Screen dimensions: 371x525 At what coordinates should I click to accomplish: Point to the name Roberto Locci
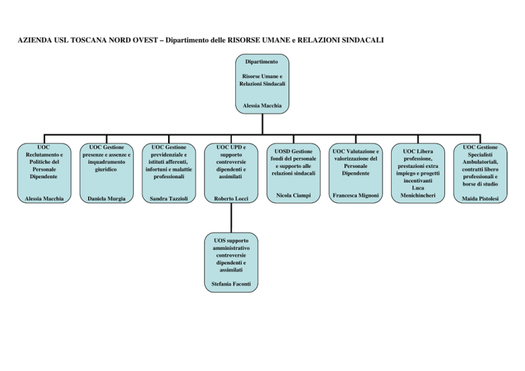click(231, 199)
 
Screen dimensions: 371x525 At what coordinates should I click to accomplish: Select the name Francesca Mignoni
click(355, 196)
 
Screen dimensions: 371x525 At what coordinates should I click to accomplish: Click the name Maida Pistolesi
click(480, 200)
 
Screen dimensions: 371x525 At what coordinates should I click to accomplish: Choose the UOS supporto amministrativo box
click(231, 256)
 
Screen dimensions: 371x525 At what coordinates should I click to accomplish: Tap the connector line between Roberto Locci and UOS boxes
click(231, 219)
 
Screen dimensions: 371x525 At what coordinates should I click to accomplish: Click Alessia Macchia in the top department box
click(262, 106)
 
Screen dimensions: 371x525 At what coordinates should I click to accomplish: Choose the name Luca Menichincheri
click(417, 191)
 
